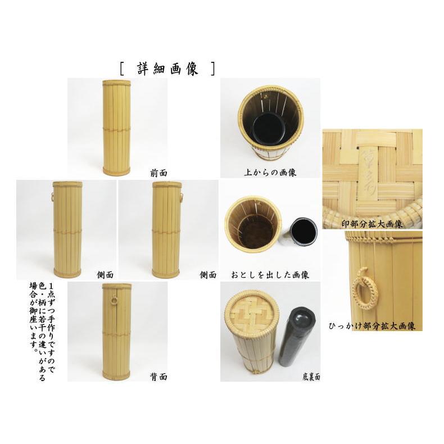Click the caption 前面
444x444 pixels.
158,174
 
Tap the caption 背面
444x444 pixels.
158,377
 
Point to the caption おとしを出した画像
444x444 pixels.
270,275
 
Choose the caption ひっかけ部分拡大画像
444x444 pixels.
372,326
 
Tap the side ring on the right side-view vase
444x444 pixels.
183,197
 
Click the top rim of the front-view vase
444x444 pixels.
116,83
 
